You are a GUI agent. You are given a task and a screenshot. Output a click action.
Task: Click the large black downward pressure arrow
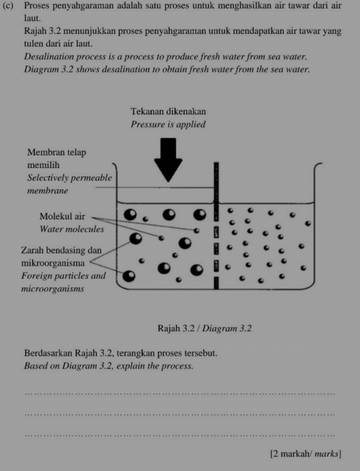point(168,158)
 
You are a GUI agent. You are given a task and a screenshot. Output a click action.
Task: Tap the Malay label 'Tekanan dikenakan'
point(168,111)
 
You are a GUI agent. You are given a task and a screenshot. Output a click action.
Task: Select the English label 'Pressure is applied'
point(168,124)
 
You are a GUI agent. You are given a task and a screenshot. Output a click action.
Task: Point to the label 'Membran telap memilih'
point(57,159)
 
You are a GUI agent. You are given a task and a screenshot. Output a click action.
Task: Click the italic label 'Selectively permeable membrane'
point(69,184)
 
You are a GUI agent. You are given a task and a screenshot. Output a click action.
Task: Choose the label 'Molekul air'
point(62,216)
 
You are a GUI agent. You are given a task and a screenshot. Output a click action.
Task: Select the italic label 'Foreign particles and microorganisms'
point(63,282)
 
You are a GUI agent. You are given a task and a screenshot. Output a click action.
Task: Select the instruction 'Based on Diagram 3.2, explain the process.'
point(109,366)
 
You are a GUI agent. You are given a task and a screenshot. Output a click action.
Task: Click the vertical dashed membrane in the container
point(215,227)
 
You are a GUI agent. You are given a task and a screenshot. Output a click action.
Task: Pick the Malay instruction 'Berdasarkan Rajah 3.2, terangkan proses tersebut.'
point(121,354)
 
